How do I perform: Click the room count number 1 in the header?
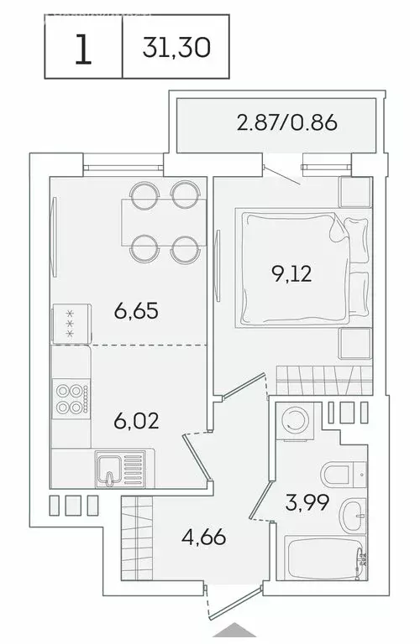[82, 50]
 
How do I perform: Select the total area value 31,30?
[176, 50]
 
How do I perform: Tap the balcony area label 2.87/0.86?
[286, 124]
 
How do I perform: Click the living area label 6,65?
[136, 311]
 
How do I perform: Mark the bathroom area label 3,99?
[306, 503]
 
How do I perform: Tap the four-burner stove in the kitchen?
[70, 397]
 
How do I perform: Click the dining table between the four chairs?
[159, 219]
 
